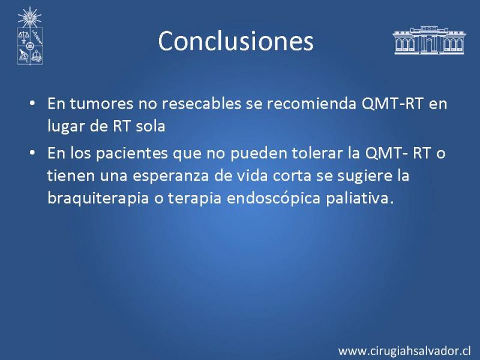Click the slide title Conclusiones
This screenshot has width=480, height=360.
(236, 41)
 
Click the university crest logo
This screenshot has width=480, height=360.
(29, 36)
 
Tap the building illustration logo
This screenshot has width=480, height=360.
(429, 40)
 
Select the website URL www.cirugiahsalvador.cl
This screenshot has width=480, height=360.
(404, 350)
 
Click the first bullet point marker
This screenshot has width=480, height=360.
(32, 103)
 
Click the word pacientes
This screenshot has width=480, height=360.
(132, 154)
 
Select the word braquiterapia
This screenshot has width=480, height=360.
(98, 199)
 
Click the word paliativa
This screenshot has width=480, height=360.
(359, 198)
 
